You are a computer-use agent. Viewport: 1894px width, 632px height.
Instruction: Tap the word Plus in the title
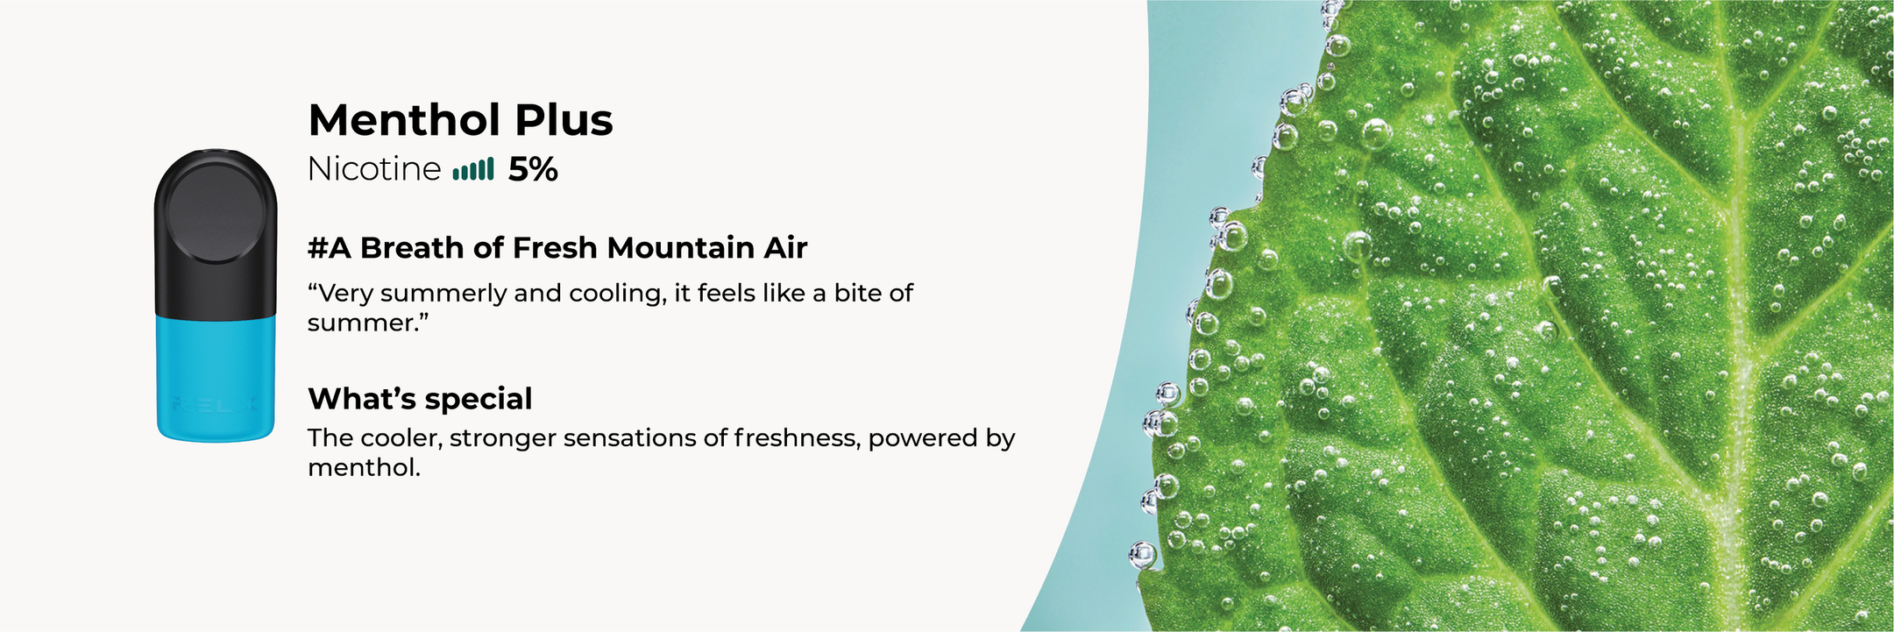click(564, 120)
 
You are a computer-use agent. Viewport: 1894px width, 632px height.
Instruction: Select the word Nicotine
click(374, 169)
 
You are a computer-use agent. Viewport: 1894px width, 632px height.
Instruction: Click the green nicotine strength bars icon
click(473, 169)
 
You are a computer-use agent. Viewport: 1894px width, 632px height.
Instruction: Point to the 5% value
click(533, 169)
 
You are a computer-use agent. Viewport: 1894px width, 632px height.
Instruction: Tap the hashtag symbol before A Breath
click(317, 248)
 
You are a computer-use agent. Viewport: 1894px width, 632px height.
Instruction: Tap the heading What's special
click(420, 399)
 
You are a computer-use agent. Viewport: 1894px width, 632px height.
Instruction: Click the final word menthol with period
click(364, 467)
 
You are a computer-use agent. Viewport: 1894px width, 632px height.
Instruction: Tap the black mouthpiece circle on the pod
click(216, 211)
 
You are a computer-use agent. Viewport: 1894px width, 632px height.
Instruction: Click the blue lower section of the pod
click(216, 378)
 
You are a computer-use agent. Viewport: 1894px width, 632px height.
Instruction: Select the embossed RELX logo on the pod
click(216, 405)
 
